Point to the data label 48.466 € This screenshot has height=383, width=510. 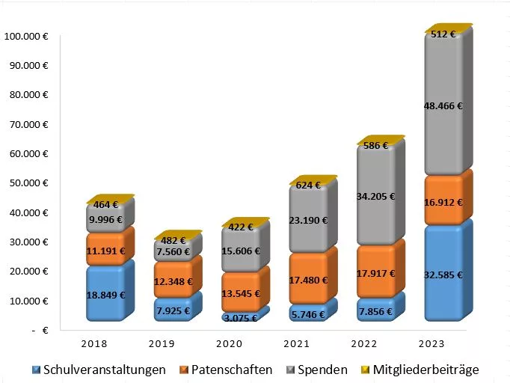444,106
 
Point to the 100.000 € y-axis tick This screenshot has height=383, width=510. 26,36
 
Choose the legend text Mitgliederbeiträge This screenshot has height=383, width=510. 425,370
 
